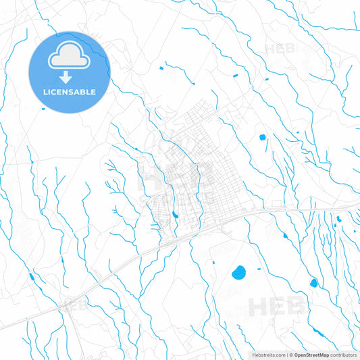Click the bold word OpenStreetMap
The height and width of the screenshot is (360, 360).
click(312, 355)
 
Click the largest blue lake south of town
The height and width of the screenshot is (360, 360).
click(238, 274)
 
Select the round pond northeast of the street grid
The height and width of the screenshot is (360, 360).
click(262, 137)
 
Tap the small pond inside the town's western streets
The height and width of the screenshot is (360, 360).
click(175, 215)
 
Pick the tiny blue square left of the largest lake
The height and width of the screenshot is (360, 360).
click(213, 262)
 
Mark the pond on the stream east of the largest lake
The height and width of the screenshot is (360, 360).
click(313, 282)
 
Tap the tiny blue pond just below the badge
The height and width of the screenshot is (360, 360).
click(44, 108)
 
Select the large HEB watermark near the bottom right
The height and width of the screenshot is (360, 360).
click(277, 307)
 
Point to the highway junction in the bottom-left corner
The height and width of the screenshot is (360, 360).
click(68, 304)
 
